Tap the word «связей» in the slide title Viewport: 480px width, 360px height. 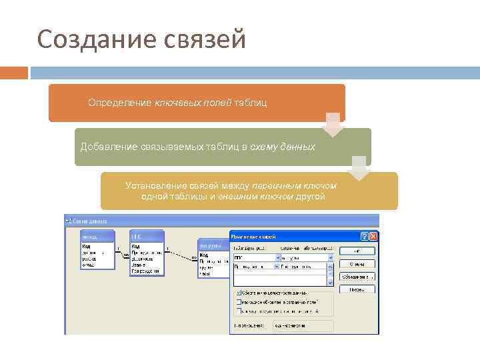203,39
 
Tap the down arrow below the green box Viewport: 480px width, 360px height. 359,168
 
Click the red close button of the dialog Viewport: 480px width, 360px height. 373,237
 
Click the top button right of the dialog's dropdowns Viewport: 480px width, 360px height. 357,251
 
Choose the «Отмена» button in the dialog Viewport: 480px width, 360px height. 357,263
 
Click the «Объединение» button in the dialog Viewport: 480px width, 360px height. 357,277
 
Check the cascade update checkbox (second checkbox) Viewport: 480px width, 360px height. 238,302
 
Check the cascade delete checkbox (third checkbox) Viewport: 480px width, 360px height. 238,311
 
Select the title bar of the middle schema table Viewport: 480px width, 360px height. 146,236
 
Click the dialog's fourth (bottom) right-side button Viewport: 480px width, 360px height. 357,289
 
